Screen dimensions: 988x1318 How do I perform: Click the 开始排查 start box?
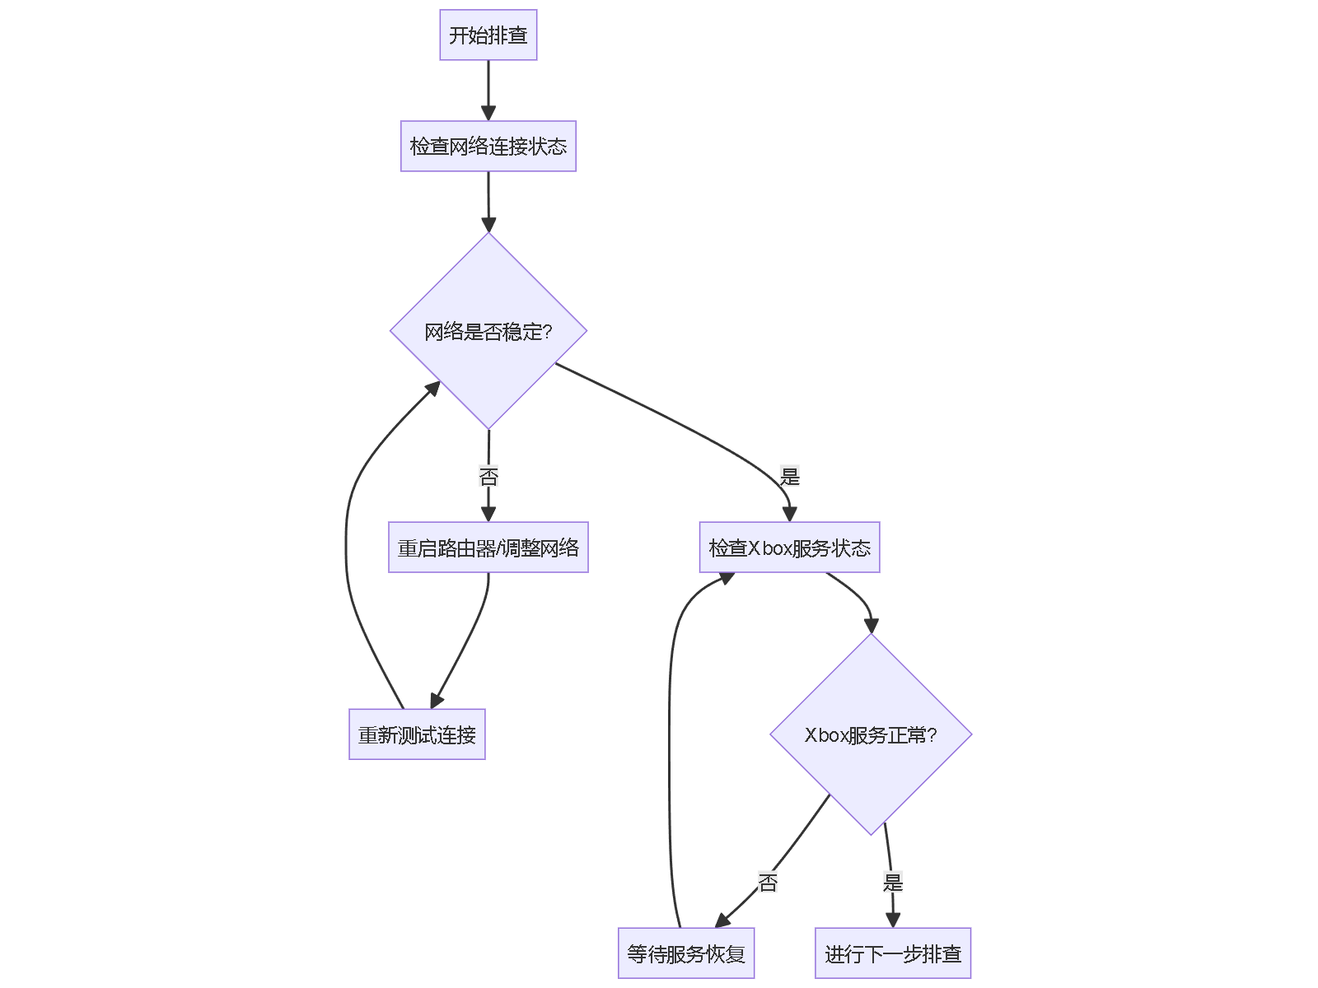pos(488,35)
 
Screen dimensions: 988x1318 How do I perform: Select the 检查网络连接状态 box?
pos(488,147)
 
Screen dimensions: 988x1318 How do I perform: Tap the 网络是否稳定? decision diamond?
pos(488,331)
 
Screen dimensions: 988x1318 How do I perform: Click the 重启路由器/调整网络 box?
pos(488,548)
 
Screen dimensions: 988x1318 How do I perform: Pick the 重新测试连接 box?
pos(417,734)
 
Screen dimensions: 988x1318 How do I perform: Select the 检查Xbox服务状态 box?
pos(789,548)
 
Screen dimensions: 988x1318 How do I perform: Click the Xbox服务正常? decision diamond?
pos(871,734)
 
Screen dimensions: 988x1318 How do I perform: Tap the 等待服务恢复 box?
pos(686,953)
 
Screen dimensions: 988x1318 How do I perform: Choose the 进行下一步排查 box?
pos(893,953)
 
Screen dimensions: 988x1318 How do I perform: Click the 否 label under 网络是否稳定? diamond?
pos(488,476)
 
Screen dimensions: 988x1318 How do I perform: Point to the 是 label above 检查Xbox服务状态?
pos(789,476)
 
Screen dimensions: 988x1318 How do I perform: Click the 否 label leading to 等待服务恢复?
pos(768,883)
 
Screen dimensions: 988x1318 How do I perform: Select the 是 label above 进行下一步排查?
pos(893,883)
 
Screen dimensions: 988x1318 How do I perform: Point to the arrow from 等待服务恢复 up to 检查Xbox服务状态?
pos(669,741)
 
